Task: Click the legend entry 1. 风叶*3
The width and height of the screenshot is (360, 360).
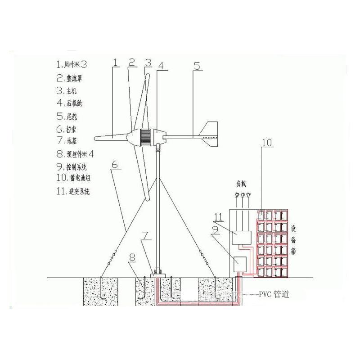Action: coord(74,64)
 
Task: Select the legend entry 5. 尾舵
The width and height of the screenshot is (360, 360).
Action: coord(69,116)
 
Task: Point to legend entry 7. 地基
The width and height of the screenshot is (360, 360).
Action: coord(69,141)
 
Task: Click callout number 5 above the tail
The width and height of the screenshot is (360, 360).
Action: coord(197,66)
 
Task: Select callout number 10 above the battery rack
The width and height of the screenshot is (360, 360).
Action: coord(266,144)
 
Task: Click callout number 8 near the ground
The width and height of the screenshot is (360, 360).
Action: coord(132,258)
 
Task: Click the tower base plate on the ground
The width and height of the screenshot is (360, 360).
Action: coord(157,274)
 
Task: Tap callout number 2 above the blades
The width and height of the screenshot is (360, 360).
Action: coord(132,63)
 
